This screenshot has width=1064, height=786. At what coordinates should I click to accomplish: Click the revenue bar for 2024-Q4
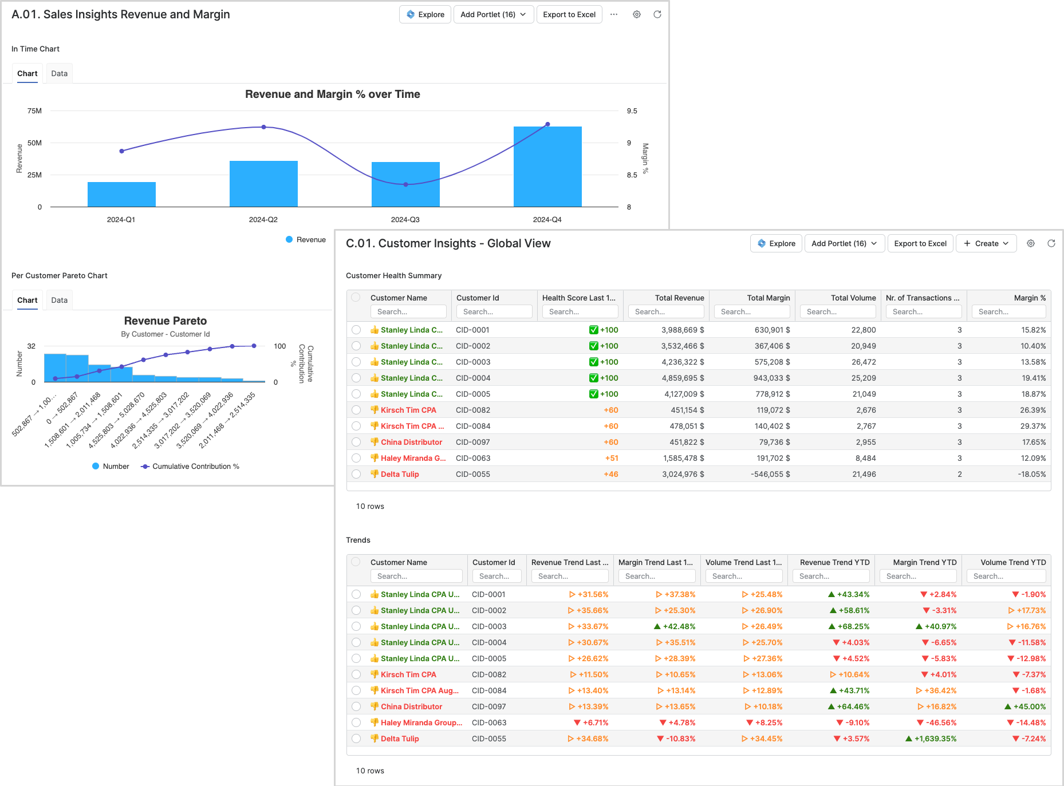[x=547, y=167]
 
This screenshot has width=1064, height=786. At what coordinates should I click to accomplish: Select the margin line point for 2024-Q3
[x=405, y=184]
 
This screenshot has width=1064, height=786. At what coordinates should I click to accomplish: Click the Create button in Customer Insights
[x=986, y=243]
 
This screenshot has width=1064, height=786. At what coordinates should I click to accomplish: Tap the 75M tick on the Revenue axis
[x=34, y=111]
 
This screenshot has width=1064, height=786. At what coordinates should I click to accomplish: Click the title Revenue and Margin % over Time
[x=332, y=94]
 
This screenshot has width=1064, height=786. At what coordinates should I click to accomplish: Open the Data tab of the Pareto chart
[x=59, y=300]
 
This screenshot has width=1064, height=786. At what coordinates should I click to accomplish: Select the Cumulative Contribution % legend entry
[x=195, y=467]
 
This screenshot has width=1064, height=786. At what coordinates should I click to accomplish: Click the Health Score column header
[x=578, y=298]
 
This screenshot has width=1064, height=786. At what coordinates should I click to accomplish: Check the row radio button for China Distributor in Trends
[x=356, y=706]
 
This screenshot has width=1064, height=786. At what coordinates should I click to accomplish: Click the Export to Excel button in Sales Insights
[x=569, y=14]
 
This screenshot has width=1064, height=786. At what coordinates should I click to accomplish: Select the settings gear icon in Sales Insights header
[x=636, y=14]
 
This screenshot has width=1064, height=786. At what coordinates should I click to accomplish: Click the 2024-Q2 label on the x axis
[x=263, y=220]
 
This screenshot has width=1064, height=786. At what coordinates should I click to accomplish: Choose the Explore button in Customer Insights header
[x=776, y=243]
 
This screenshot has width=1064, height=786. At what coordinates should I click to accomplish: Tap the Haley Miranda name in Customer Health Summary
[x=412, y=458]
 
